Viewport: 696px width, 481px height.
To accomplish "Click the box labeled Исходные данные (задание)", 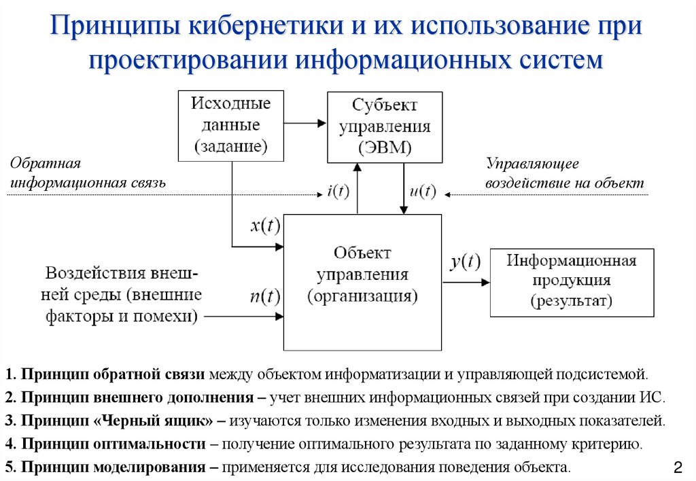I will tap(230, 125).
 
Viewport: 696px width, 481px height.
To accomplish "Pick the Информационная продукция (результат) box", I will tap(572, 282).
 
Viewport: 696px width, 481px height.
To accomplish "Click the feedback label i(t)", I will tap(338, 192).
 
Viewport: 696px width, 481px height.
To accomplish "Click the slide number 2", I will tap(677, 467).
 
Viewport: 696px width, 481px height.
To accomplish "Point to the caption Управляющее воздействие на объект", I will tap(563, 174).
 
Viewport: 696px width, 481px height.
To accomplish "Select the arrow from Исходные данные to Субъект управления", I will tap(305, 124).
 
